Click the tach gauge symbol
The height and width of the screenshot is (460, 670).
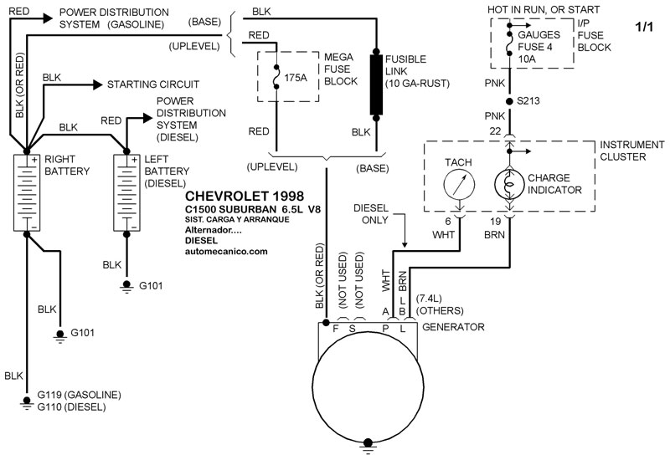coord(457,184)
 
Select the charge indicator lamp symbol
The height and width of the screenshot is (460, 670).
coord(508,184)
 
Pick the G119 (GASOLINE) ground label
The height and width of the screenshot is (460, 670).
coord(79,394)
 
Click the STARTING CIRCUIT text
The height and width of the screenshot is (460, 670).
coord(152,84)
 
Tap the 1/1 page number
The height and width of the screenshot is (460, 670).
coord(646,27)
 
